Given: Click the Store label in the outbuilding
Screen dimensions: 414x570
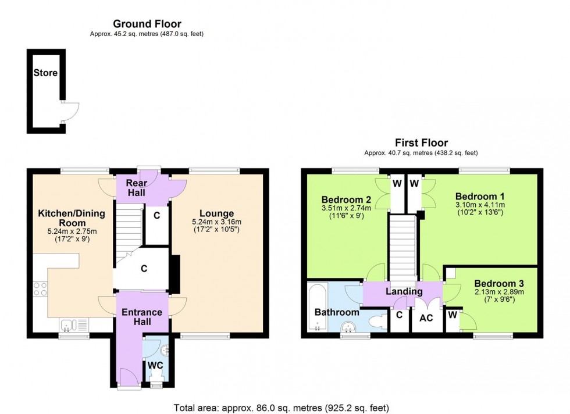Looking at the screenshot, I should click(x=45, y=73).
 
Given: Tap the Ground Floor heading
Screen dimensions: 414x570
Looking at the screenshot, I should click(x=147, y=24).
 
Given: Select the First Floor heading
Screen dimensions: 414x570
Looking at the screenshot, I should click(x=422, y=142).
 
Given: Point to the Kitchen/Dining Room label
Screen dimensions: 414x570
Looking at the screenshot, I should click(x=71, y=218).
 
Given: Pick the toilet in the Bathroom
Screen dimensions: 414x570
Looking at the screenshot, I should click(x=376, y=321).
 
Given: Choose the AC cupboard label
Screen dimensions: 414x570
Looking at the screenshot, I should click(x=426, y=319).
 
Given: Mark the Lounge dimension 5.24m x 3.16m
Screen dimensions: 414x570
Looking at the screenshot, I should click(x=218, y=223).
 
